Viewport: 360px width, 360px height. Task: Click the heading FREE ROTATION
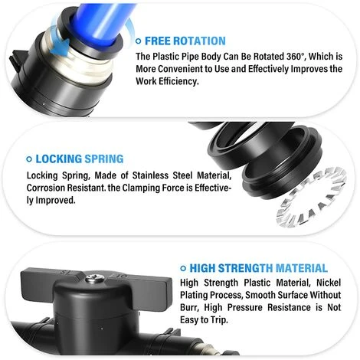tap(185, 41)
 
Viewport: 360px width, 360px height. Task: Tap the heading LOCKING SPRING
tap(80, 159)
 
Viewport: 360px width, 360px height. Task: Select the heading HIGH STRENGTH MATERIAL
tap(258, 268)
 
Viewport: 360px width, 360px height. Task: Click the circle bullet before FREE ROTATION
tap(139, 41)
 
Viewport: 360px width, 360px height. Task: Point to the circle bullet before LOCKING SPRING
tap(29, 159)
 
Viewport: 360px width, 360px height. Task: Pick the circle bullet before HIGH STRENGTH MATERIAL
tap(183, 268)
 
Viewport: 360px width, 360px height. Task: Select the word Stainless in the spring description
tap(150, 175)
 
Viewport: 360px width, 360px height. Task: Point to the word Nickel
tap(329, 283)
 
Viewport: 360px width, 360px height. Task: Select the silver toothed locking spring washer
tap(312, 197)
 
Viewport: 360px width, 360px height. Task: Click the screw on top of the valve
tap(94, 278)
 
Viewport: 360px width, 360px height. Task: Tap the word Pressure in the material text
tap(244, 307)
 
